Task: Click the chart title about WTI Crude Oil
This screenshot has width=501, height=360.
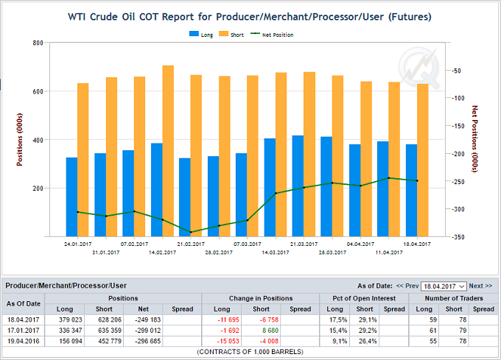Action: click(x=250, y=15)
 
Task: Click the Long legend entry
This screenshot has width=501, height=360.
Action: click(x=202, y=35)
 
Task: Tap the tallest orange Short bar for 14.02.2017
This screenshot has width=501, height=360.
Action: click(x=168, y=151)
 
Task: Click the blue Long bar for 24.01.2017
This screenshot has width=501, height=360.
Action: click(x=71, y=197)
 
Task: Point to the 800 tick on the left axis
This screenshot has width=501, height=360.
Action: click(x=37, y=43)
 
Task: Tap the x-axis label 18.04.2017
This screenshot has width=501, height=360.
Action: click(x=417, y=243)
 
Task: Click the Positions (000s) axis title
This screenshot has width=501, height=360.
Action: click(x=20, y=140)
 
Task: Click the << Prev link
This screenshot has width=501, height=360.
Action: click(x=407, y=286)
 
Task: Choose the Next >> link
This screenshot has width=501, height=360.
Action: click(x=480, y=286)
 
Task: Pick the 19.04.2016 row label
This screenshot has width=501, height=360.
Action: click(x=24, y=341)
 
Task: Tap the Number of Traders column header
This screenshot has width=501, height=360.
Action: click(x=453, y=297)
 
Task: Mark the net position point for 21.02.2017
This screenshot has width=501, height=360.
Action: click(x=191, y=233)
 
